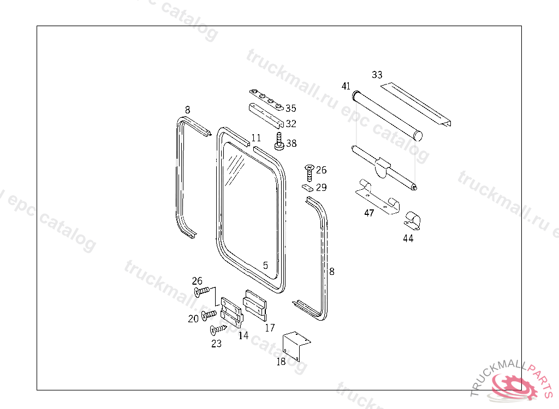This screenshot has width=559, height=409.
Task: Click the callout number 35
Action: coord(291,108)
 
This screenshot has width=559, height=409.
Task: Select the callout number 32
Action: coord(291,124)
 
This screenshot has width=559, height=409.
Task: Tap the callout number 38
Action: coord(292,143)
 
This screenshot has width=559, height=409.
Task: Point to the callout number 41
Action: coord(346,86)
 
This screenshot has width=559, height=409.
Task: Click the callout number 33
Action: coord(377,75)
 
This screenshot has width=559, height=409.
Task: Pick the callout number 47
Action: coord(369,213)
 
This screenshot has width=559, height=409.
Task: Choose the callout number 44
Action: coord(408,238)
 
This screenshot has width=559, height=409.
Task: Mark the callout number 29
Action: coord(321,188)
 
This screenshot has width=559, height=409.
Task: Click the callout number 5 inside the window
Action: coord(265,266)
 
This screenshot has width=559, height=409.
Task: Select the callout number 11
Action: coord(256,138)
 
